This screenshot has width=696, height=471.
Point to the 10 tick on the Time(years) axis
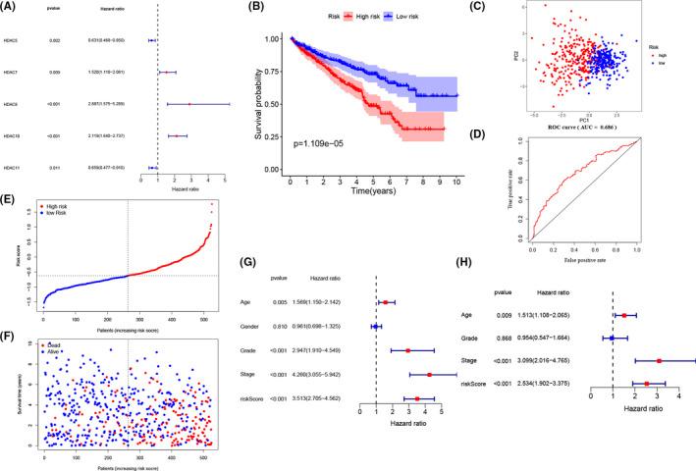pos(456,183)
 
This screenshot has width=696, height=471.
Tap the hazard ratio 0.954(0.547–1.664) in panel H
pos(543,337)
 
